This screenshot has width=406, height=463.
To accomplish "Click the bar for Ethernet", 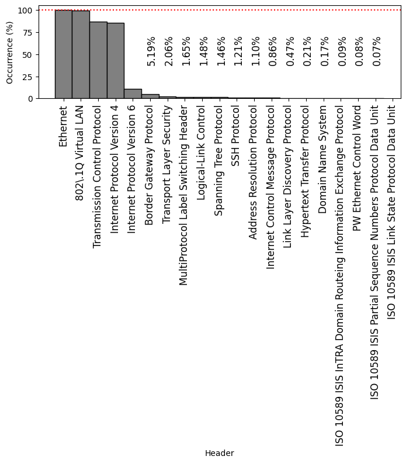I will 63,54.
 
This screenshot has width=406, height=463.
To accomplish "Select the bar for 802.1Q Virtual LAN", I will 81,55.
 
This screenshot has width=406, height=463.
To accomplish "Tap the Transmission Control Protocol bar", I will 98,60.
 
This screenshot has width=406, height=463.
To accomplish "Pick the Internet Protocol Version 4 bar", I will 115,61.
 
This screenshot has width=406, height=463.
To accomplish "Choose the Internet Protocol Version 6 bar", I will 133,94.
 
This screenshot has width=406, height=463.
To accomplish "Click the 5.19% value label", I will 151,51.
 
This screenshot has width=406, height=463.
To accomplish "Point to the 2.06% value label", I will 169,51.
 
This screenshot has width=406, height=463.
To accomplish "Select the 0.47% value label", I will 290,51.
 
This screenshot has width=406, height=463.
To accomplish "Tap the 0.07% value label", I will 377,51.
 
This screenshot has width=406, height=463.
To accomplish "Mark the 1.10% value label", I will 255,51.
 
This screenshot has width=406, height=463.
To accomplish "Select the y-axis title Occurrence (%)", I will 9,53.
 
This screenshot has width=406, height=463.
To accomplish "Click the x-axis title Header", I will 220,453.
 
